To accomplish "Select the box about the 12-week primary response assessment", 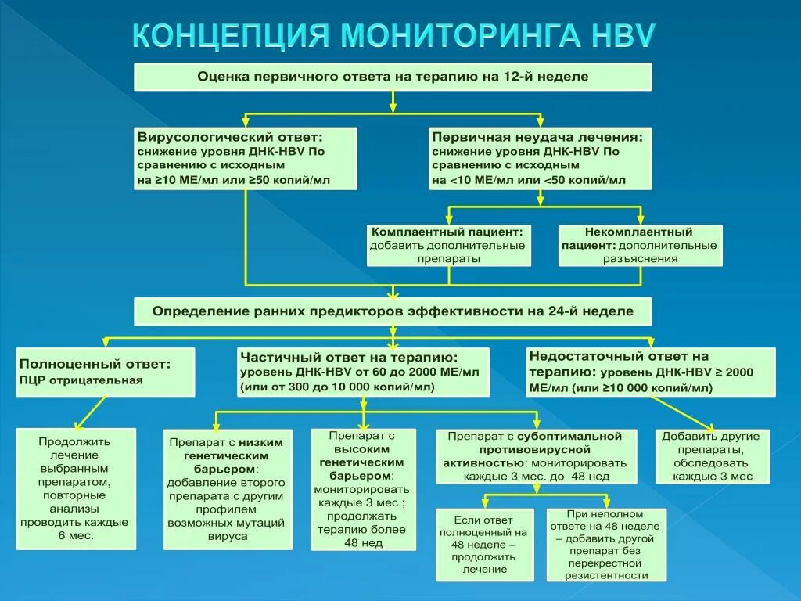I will [x=393, y=77].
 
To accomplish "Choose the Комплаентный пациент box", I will [x=449, y=245].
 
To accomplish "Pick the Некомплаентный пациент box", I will [x=640, y=245].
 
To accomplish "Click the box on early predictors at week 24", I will [x=393, y=311].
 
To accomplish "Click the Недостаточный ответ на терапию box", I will [x=651, y=372].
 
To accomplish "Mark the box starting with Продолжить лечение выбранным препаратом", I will [x=76, y=488].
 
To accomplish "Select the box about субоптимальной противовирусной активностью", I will [x=535, y=455].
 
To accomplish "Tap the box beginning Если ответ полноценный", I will [x=485, y=544].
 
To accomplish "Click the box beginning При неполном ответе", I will [x=606, y=544].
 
